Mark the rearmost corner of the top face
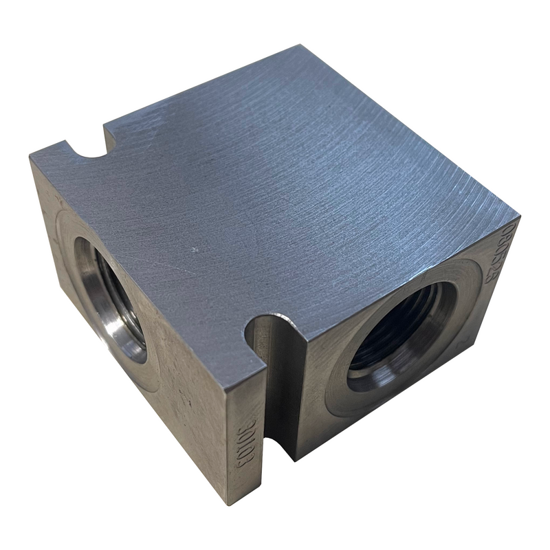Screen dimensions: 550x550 (300, 47)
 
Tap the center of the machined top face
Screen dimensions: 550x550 (275, 186)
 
